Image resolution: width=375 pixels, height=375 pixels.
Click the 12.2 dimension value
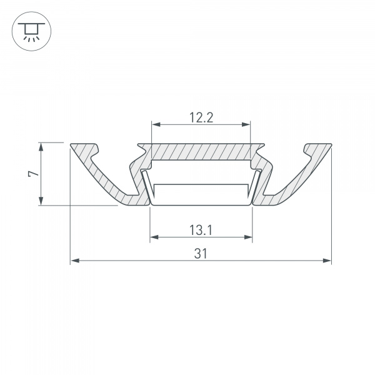pyautogui.click(x=201, y=117)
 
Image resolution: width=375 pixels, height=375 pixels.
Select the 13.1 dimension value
pyautogui.click(x=201, y=230)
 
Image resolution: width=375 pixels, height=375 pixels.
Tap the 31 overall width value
pyautogui.click(x=201, y=252)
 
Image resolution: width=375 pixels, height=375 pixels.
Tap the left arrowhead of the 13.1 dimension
pyautogui.click(x=154, y=237)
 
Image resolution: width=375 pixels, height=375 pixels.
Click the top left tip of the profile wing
pyautogui.click(x=71, y=144)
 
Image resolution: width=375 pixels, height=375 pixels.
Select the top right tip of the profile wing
pyautogui.click(x=330, y=144)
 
